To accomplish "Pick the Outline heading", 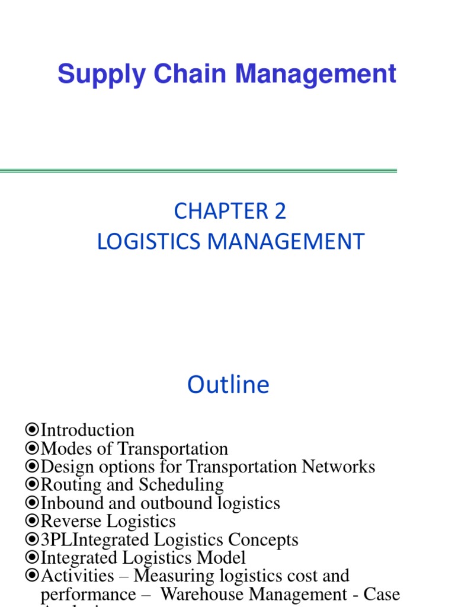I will click(228, 385).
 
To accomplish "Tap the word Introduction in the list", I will click(87, 430).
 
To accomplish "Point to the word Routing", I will click(68, 485).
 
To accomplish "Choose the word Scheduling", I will click(181, 485).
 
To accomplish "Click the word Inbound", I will click(69, 503).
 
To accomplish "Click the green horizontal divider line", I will click(198, 171).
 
